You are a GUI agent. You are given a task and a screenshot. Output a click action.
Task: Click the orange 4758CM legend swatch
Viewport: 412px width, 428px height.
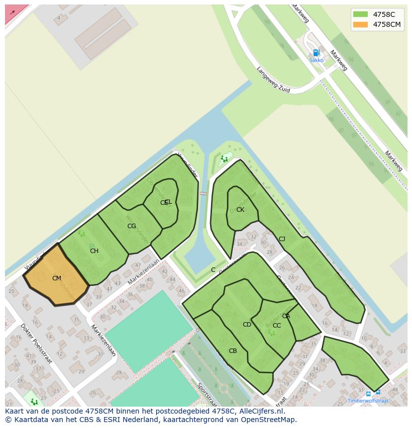click(x=360, y=24)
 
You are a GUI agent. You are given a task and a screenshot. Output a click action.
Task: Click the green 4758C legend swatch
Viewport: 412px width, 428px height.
click(x=360, y=14)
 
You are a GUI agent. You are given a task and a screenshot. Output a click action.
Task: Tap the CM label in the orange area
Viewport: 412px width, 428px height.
click(x=56, y=278)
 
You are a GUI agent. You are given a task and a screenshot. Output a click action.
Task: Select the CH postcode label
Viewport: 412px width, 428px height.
click(x=94, y=251)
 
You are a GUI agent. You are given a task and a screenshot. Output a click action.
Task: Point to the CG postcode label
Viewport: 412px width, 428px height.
click(x=131, y=226)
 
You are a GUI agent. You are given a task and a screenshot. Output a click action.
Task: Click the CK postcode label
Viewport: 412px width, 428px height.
click(x=240, y=210)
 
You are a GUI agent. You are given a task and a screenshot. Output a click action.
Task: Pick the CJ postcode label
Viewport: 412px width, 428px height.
click(x=282, y=239)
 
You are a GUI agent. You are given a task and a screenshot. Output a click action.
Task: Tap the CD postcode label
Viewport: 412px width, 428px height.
click(x=247, y=325)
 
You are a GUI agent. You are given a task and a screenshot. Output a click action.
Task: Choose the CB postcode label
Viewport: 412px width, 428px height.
click(x=233, y=351)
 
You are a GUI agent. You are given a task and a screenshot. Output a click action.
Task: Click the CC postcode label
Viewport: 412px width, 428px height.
click(x=277, y=326)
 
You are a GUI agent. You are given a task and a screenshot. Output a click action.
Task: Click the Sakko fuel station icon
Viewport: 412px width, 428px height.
click(x=315, y=53)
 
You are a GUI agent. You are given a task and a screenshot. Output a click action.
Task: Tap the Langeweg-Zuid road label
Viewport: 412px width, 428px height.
click(x=273, y=79)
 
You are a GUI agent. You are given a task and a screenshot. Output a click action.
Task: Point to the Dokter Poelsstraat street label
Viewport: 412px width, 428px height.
click(x=36, y=343)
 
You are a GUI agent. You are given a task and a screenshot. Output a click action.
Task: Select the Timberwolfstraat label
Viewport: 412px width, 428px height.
click(x=368, y=401)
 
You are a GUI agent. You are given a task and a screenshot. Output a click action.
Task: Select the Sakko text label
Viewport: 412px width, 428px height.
click(x=316, y=60)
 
